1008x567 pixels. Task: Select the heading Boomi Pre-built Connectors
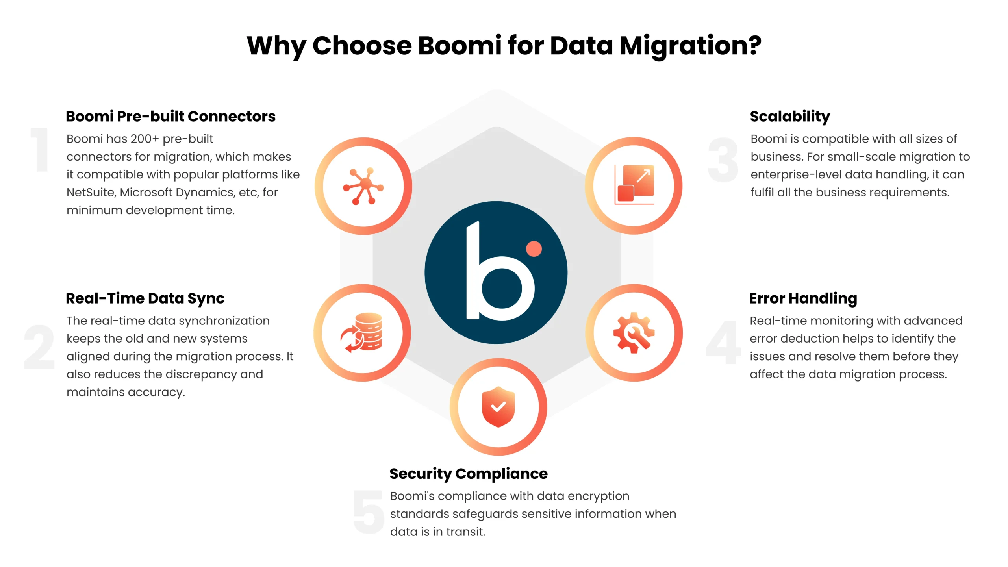[170, 117]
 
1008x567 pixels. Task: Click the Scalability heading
[790, 117]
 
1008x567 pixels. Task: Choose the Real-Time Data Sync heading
[145, 298]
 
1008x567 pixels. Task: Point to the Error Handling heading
[803, 298]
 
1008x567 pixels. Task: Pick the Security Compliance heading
[468, 474]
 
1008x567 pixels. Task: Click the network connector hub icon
[363, 186]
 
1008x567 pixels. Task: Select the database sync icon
[362, 333]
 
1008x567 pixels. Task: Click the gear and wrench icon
[634, 333]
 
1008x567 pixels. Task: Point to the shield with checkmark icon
[498, 407]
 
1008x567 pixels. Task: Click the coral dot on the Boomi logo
[534, 249]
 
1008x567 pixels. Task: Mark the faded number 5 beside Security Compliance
[369, 512]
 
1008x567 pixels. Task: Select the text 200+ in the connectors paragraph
[145, 139]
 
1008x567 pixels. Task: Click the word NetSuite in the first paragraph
[91, 193]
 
